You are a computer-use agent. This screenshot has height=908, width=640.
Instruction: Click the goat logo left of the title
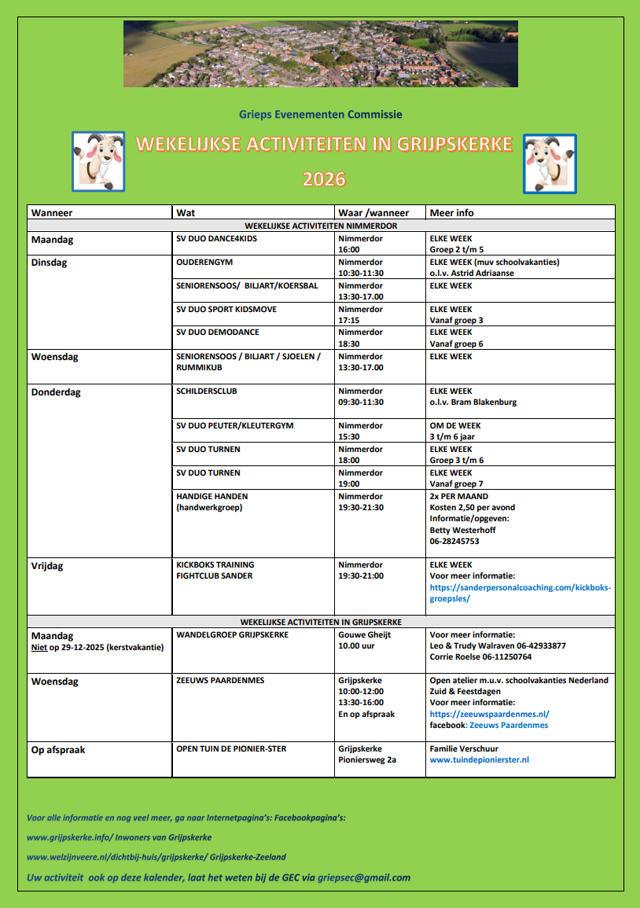coord(98,162)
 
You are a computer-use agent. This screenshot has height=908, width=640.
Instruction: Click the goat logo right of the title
coord(550,163)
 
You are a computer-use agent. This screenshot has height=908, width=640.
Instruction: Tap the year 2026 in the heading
coord(324,179)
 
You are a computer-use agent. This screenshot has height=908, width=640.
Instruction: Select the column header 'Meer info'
coord(451,212)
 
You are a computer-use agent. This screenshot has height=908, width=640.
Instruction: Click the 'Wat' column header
coord(186,212)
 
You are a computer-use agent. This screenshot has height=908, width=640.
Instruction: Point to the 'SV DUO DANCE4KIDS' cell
coord(217,237)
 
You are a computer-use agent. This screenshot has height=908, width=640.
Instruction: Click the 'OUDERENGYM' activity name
coord(204,262)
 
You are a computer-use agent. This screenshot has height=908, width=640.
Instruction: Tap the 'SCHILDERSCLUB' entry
coord(207,391)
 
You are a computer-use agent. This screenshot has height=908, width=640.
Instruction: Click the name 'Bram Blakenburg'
coord(484,403)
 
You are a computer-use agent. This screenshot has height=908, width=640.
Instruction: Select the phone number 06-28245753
coord(454,541)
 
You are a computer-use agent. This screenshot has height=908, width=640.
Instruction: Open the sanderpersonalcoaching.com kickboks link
coord(520,593)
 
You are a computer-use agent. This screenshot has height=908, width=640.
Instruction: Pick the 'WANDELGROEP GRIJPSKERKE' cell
coord(232,634)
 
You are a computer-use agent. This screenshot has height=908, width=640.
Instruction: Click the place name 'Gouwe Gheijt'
coord(364,634)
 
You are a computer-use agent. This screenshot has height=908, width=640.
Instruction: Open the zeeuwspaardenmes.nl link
coord(489,714)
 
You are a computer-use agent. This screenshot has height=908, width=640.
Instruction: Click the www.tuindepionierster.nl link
coord(479,760)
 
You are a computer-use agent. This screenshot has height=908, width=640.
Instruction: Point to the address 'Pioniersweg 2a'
coord(367,760)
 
